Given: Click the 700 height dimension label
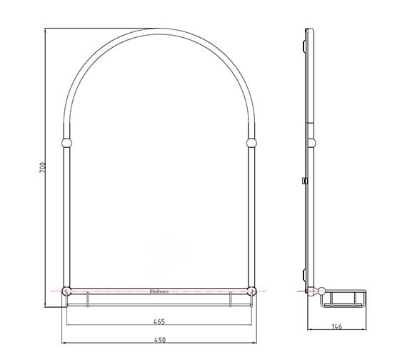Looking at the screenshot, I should [x=42, y=168].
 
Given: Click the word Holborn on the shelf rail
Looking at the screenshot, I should [x=159, y=291].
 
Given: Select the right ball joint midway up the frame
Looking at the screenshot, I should [x=251, y=143].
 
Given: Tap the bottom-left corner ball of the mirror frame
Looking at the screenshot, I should [x=66, y=291].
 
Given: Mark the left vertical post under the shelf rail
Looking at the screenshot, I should [x=87, y=299].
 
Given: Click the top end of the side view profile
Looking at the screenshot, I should [x=308, y=30].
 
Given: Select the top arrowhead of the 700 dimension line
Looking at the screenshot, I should [x=46, y=31].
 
